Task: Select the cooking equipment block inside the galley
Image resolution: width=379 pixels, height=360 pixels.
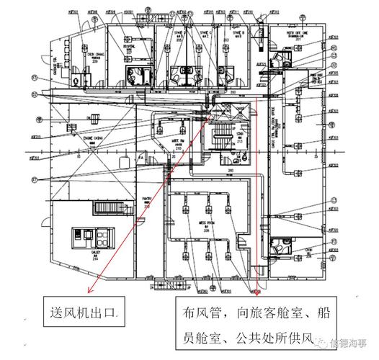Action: click(96, 237)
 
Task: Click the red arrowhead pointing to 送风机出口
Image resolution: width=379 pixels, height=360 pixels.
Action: click(89, 292)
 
